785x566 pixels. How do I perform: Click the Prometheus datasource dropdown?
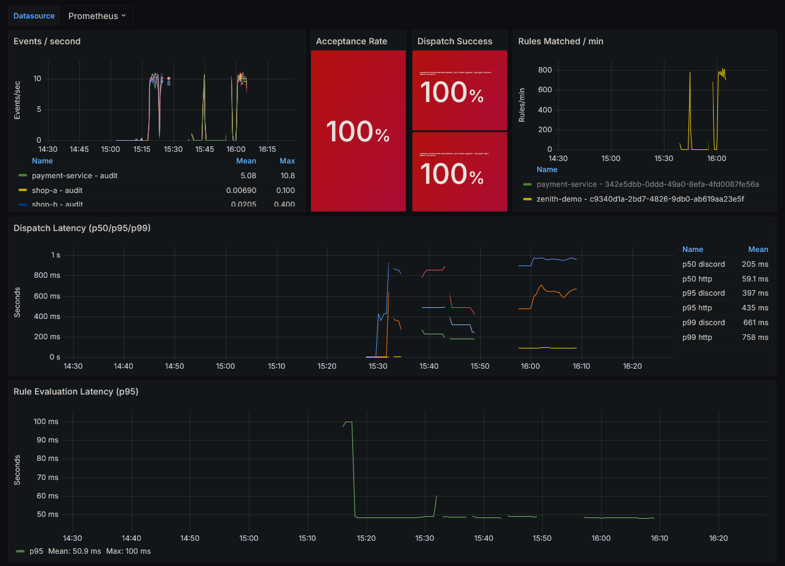coord(97,16)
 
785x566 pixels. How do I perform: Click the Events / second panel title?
coord(47,41)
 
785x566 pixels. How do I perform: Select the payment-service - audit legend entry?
coord(74,176)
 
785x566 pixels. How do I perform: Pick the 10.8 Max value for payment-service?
coord(286,176)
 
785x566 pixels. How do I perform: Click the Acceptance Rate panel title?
coord(351,41)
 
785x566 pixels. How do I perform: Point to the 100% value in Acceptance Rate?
coord(358,132)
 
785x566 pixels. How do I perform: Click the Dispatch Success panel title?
coord(454,41)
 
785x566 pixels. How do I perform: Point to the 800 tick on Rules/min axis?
coord(545,69)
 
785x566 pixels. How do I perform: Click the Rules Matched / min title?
coord(561,41)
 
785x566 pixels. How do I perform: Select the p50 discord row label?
coord(703,264)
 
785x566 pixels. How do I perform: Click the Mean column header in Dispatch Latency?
coord(758,250)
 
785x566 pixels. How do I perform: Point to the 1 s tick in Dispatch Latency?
coord(55,254)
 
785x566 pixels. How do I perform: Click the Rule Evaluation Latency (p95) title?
coord(76,391)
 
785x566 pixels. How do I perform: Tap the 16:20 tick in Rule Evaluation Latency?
coord(718,538)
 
